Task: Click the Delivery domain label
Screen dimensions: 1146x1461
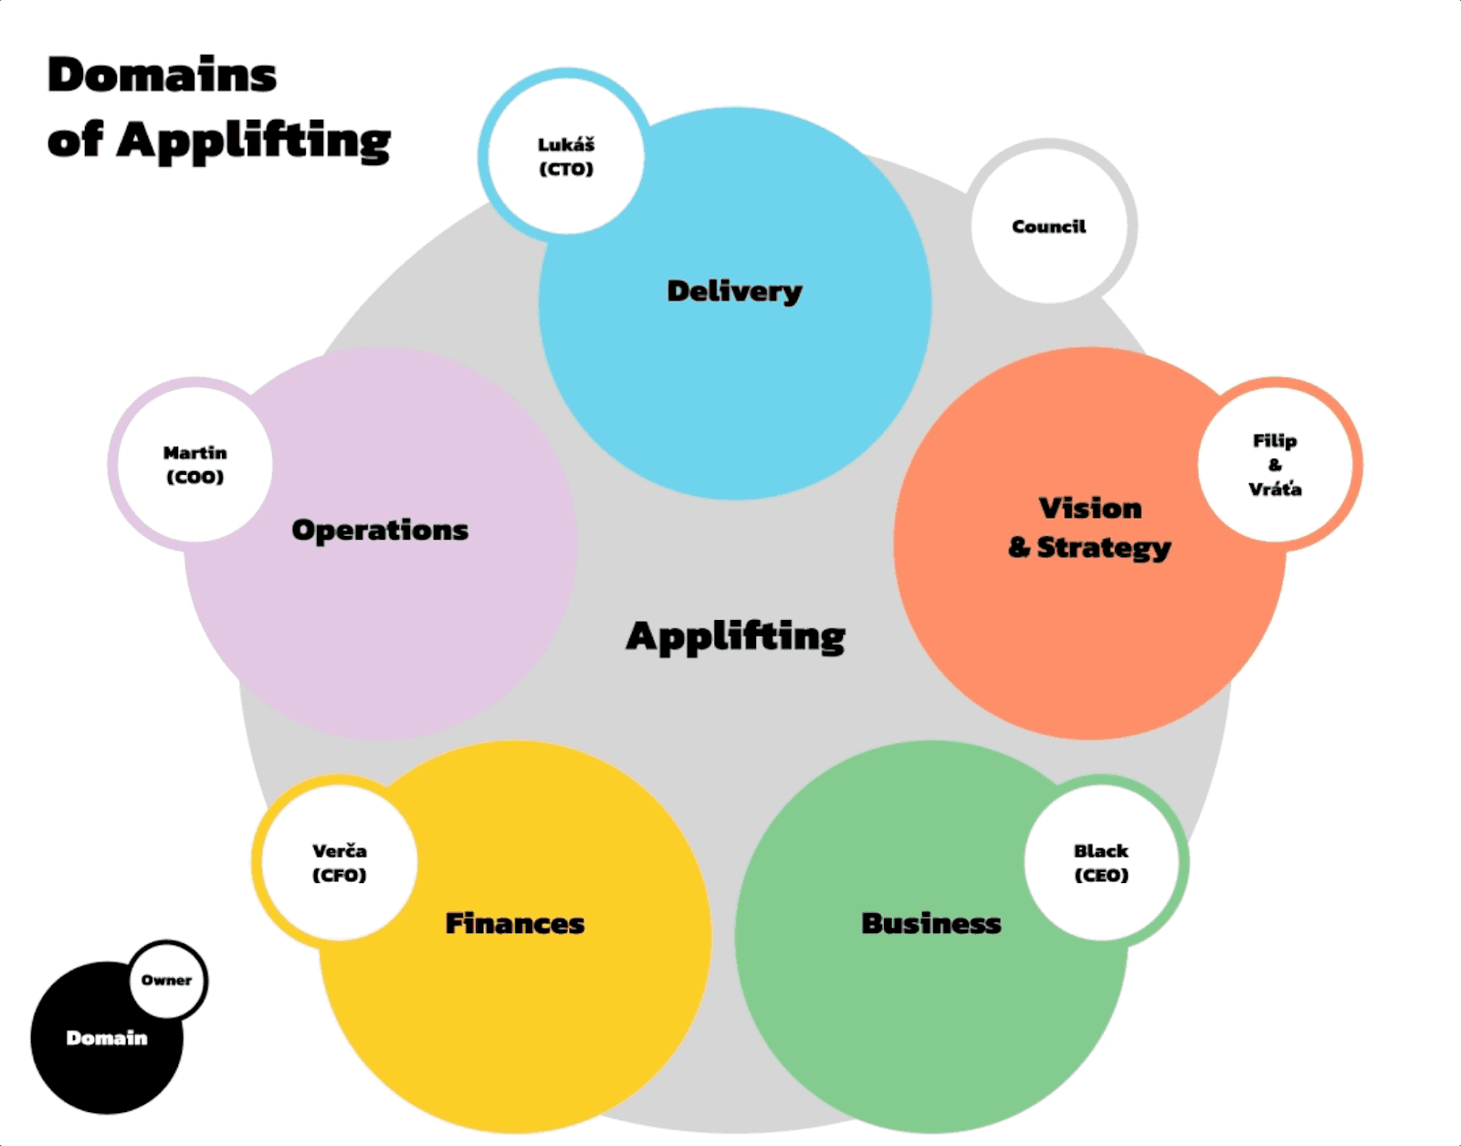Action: (734, 291)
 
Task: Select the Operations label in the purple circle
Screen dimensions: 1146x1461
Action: (380, 530)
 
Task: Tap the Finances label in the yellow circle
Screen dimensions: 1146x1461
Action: (515, 923)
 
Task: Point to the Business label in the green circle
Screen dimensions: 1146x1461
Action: (931, 923)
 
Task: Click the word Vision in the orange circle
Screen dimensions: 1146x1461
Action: (1090, 508)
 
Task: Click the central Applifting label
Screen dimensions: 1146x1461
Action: (735, 636)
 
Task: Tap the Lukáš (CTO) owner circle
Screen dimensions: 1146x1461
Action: (566, 156)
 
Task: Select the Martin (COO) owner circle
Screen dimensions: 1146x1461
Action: (194, 464)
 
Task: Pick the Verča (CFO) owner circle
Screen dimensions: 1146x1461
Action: (339, 862)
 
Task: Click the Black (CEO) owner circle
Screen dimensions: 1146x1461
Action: (1101, 862)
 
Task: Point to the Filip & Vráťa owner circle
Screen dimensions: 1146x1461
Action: (1276, 464)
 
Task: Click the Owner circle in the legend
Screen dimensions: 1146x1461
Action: (167, 980)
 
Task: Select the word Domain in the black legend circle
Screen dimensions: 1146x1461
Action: (107, 1037)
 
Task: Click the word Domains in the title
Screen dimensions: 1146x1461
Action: (162, 75)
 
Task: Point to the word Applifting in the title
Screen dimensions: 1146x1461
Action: (254, 141)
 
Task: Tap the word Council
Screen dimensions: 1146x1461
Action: (1049, 226)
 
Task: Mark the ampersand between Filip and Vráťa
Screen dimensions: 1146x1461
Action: (1275, 465)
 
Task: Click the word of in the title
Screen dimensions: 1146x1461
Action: (74, 141)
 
